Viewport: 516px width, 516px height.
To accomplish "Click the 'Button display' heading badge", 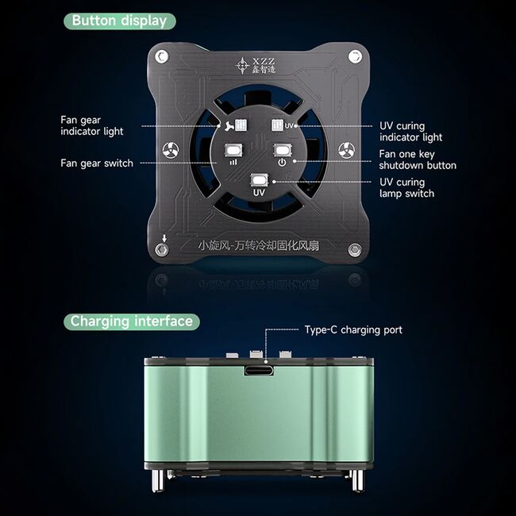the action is tap(120, 21).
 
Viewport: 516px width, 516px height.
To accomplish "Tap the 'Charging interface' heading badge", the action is tap(132, 322).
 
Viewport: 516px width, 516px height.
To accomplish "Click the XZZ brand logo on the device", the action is tap(256, 65).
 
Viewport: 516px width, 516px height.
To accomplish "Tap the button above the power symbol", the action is tap(283, 150).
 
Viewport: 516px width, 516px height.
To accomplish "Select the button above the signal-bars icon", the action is tap(233, 150).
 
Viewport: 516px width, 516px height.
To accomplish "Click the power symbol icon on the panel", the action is tap(282, 162).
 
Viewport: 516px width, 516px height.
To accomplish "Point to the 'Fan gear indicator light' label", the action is tap(92, 125).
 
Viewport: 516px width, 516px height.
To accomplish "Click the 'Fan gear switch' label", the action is tap(97, 164).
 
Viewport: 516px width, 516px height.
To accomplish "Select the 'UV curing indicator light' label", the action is tap(411, 132).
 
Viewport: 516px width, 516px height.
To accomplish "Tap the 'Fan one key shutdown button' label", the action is tap(418, 160).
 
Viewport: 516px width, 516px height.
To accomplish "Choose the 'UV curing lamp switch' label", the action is tap(406, 188).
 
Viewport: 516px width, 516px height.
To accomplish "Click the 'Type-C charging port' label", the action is tap(353, 329).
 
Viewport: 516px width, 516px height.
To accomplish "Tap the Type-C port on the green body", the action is tap(259, 371).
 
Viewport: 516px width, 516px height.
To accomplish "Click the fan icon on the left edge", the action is tap(171, 150).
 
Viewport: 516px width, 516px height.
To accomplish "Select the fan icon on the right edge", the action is tap(347, 150).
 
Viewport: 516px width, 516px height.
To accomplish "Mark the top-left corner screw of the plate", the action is tap(162, 56).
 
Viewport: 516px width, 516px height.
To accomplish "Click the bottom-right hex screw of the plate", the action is tap(355, 250).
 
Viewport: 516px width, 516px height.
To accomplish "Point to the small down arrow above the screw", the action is tap(164, 238).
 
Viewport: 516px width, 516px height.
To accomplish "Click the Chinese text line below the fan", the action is tap(259, 245).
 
